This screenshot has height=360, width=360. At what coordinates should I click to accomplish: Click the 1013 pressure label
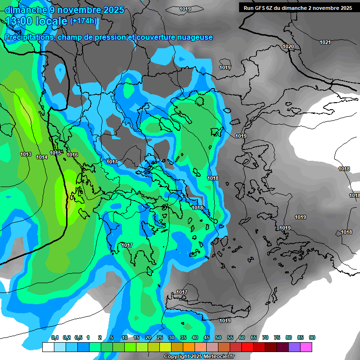click(26, 154)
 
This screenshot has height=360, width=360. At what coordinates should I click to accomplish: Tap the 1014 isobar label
click(42, 157)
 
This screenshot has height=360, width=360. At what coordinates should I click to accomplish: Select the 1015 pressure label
click(55, 153)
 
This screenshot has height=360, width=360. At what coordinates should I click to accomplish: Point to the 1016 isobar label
click(72, 155)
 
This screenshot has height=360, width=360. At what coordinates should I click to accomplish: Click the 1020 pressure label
click(288, 46)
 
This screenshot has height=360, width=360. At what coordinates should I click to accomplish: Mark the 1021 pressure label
click(325, 43)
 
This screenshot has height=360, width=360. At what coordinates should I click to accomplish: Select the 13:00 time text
click(18, 21)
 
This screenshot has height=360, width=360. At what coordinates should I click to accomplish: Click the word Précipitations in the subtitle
click(28, 37)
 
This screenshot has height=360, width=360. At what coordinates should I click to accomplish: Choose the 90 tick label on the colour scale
click(312, 337)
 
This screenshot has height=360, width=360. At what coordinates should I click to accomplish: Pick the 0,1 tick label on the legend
click(55, 337)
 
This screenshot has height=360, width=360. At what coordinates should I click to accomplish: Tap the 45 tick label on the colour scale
click(207, 337)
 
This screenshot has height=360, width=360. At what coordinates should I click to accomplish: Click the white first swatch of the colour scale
click(48, 347)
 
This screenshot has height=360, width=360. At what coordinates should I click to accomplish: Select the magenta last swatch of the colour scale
click(306, 347)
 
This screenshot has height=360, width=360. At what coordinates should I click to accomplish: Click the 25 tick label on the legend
click(160, 337)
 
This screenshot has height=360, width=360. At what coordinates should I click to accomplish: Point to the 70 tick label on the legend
click(265, 337)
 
